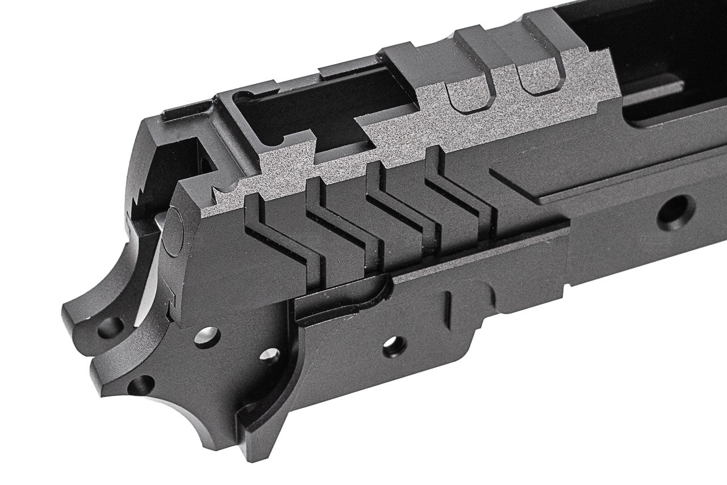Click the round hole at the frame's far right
[x=675, y=211]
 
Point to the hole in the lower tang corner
[x=139, y=386]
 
